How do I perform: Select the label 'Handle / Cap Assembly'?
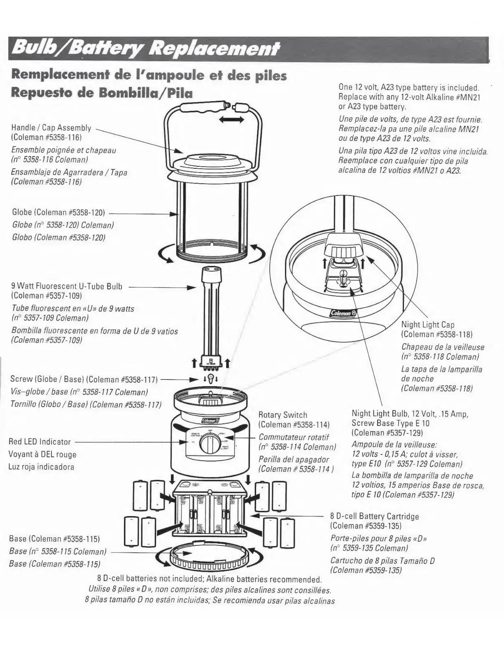(x=51, y=128)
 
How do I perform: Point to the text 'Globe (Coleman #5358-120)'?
(x=59, y=212)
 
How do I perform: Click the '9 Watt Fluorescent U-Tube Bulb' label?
(x=67, y=286)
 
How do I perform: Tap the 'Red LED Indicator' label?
(x=40, y=442)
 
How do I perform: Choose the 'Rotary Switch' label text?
(x=282, y=415)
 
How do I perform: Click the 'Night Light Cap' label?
(x=428, y=325)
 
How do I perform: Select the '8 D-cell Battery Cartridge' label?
(x=374, y=516)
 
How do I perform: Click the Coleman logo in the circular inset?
(x=342, y=313)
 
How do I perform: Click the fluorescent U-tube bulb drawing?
(x=211, y=313)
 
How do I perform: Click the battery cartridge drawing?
(x=210, y=511)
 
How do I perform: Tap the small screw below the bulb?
(x=210, y=378)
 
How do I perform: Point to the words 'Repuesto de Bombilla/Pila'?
(x=102, y=93)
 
